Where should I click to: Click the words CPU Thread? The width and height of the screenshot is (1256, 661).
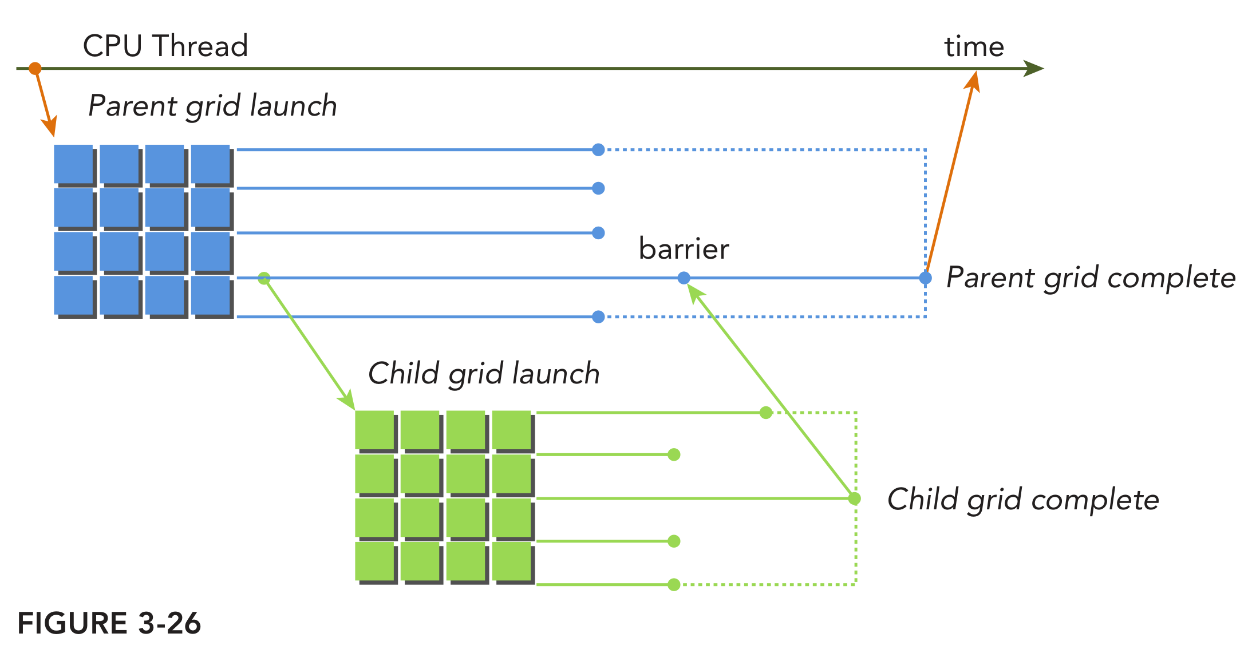click(x=165, y=46)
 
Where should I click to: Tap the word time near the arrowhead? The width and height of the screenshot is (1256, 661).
click(x=974, y=47)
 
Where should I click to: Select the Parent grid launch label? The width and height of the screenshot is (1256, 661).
click(x=212, y=106)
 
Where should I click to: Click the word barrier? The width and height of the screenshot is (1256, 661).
click(x=684, y=249)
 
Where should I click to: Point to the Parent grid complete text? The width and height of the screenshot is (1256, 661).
click(x=1091, y=278)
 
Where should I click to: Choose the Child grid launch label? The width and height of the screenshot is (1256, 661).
click(x=484, y=374)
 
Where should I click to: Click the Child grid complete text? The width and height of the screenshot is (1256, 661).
click(x=1023, y=500)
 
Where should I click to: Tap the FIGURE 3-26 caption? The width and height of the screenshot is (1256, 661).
click(x=109, y=623)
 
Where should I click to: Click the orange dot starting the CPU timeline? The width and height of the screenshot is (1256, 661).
click(x=35, y=69)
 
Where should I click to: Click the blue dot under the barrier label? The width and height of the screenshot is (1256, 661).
click(x=684, y=278)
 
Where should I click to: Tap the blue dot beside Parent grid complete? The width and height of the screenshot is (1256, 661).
click(x=925, y=278)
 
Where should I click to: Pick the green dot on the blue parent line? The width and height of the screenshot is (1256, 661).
click(x=264, y=279)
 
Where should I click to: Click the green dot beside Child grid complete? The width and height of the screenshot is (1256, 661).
click(x=854, y=498)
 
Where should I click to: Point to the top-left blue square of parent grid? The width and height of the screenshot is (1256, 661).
click(x=73, y=164)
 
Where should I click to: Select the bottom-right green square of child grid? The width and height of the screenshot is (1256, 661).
click(x=511, y=561)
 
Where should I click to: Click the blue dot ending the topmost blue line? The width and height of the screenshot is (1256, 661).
click(x=598, y=150)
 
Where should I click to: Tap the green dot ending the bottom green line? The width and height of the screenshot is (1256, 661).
click(x=674, y=584)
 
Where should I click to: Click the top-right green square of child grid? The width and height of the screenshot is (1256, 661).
click(x=511, y=430)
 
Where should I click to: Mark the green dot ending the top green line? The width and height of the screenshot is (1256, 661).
click(x=766, y=413)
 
